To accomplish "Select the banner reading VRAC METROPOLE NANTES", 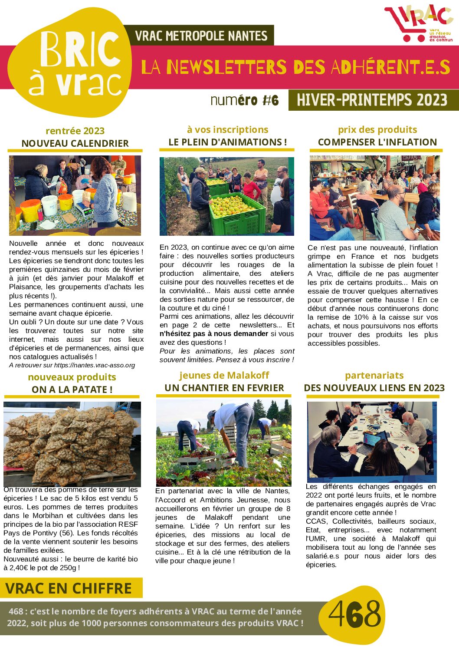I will coord(201,36).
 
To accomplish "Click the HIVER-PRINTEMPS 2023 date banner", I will coord(372,100).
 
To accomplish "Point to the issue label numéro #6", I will coord(244,101).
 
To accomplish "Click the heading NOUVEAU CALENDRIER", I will coord(75,143).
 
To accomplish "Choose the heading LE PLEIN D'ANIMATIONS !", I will coord(227,142).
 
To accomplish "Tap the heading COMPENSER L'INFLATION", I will coord(377,142).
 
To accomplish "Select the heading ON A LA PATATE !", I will coord(72,389).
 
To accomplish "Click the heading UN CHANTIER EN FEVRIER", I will coord(224,388).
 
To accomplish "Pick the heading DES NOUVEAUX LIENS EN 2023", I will coord(374,388).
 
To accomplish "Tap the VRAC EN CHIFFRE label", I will coord(69,588).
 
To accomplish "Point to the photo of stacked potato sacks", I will coord(72,443).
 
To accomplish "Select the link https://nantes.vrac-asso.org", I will coord(95,365).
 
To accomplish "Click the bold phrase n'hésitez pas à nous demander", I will coord(214,334).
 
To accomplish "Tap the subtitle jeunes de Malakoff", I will coord(224,375).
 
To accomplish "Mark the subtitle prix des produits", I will coord(377,129).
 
